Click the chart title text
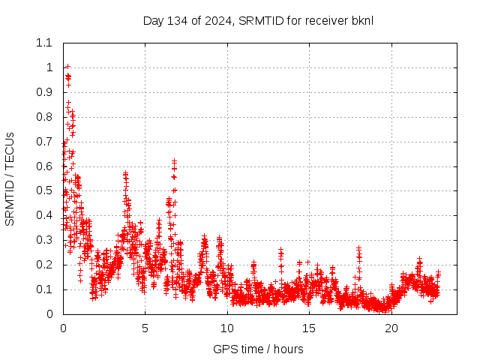[x=258, y=20]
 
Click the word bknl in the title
[x=361, y=20]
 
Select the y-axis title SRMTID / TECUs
[x=10, y=178]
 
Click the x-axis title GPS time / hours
[x=258, y=349]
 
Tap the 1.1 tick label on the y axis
[x=44, y=43]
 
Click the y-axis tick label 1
[x=49, y=67]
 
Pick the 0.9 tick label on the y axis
[x=44, y=92]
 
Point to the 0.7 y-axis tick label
[x=44, y=142]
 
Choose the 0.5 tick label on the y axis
[x=44, y=190]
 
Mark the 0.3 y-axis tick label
[x=44, y=240]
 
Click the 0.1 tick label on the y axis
[x=44, y=289]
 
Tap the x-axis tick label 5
[x=145, y=328]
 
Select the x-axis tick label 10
[x=227, y=328]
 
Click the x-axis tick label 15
[x=309, y=328]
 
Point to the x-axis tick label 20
[x=391, y=328]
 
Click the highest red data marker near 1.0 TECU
[x=67, y=67]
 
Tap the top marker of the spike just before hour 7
[x=174, y=160]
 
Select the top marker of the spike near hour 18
[x=359, y=248]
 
